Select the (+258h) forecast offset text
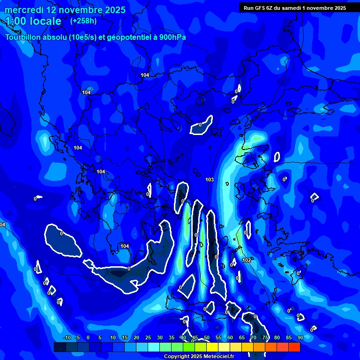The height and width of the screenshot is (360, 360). pos(83,21)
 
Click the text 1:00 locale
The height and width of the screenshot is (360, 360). pos(33,21)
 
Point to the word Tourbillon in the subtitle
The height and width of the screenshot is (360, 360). pos(26,37)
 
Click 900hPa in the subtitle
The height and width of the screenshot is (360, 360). pos(172,37)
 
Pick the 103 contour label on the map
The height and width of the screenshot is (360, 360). pos(210,180)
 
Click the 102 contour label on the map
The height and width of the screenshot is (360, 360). pos(247,260)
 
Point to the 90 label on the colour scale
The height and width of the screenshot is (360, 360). pos(300,337)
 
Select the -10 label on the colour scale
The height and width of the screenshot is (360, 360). pos(67,337)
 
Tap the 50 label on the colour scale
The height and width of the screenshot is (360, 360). pos(206,337)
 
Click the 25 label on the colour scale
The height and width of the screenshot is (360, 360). pos(148,337)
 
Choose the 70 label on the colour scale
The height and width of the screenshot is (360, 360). pos(253,337)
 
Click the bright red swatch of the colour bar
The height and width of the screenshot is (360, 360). pos(294,347)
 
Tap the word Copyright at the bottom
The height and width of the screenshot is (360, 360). pos(177,357)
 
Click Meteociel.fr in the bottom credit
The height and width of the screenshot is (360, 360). pos(218,357)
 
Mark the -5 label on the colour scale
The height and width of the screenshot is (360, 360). pos(77,337)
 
